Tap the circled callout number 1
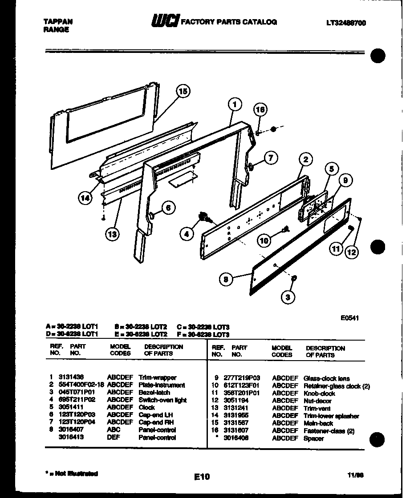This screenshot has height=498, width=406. [x=235, y=105]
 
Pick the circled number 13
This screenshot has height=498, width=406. [x=113, y=234]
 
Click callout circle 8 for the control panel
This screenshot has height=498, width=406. [x=226, y=279]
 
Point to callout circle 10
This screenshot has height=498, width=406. [x=264, y=241]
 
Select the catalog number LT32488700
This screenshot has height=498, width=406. [x=346, y=23]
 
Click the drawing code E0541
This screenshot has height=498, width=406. [x=350, y=317]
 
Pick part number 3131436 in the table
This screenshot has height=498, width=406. [x=69, y=378]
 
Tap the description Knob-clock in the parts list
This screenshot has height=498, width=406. [x=319, y=394]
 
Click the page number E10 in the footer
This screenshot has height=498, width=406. [x=202, y=477]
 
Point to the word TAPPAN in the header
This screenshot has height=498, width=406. [x=58, y=21]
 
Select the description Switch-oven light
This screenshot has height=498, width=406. [x=162, y=400]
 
